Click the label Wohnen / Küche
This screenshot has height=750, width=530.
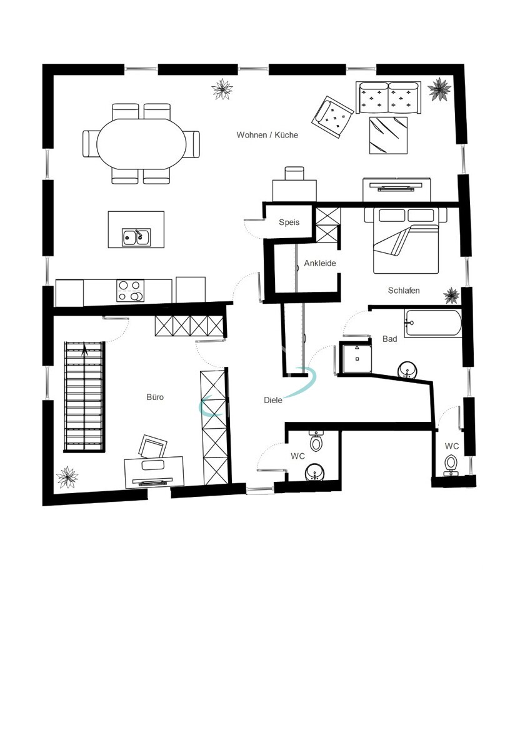[267, 135]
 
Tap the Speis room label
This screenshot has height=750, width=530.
[289, 222]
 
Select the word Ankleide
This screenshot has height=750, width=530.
[320, 263]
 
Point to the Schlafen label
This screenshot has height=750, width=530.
[404, 291]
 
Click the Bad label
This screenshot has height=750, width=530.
[390, 339]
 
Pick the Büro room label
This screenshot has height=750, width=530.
[155, 397]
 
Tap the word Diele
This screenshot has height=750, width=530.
[273, 400]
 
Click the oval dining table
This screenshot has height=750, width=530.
[141, 143]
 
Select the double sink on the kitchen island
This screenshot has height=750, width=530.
[136, 237]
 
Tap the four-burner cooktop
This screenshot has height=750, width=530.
[130, 291]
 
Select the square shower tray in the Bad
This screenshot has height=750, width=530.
[356, 358]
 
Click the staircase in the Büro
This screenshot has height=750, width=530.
[84, 396]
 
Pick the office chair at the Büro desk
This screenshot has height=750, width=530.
[153, 446]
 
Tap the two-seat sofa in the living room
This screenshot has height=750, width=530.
[389, 97]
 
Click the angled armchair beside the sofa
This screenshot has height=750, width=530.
[333, 116]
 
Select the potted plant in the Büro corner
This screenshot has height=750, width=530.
[67, 477]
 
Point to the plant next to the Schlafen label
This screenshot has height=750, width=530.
[451, 294]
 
